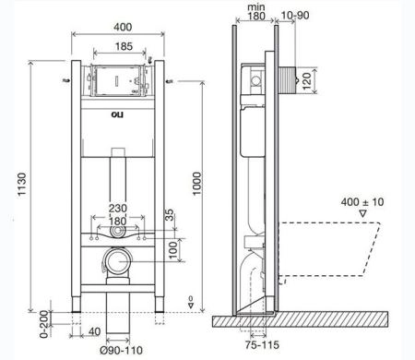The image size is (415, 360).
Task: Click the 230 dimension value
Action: [x=117, y=209]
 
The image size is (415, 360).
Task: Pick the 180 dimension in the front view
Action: [x=117, y=222]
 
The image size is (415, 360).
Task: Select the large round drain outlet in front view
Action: [x=117, y=264]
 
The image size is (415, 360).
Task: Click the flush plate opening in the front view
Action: [x=117, y=81]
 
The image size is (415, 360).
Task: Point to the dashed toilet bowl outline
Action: [x=332, y=245]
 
